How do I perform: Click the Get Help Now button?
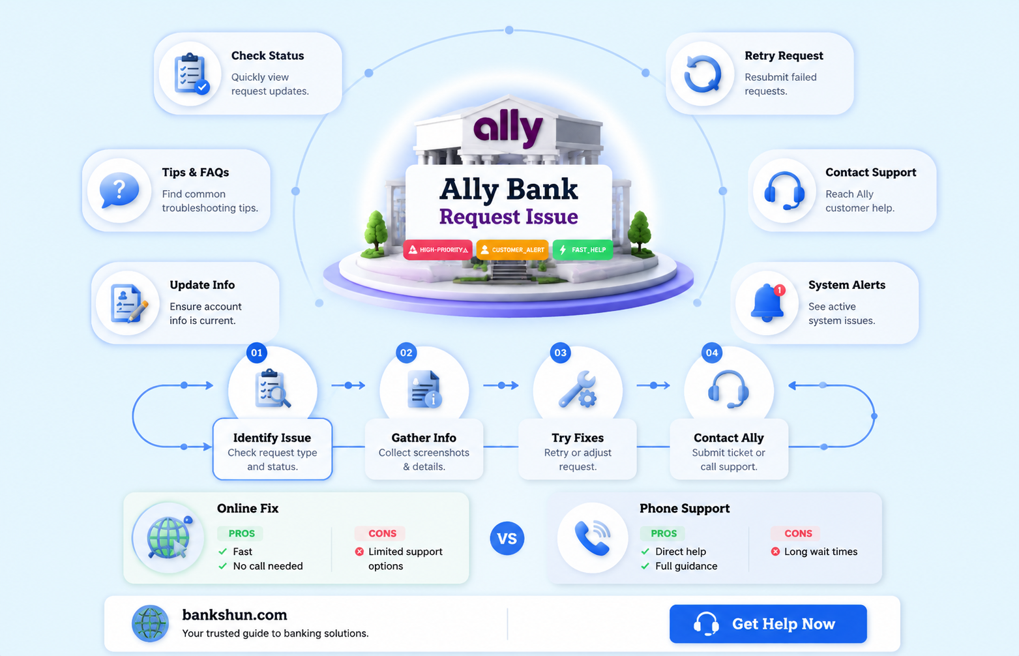tap(768, 623)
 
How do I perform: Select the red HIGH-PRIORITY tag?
tap(437, 250)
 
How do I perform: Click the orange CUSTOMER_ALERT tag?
tap(512, 250)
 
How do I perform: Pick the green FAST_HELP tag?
tap(583, 250)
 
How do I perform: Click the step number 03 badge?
tap(561, 353)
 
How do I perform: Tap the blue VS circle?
tap(507, 538)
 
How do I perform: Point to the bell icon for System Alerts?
tap(767, 303)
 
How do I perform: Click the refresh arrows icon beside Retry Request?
tap(703, 74)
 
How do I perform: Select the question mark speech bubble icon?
tap(119, 190)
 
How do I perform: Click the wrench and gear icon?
tap(577, 389)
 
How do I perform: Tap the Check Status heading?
tap(267, 55)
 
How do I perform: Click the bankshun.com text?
tap(235, 615)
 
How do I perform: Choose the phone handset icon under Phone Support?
tap(592, 538)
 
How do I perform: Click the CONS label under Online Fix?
tap(382, 533)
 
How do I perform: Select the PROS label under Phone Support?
tap(664, 533)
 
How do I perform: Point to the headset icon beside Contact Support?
tap(784, 190)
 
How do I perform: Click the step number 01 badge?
tap(257, 353)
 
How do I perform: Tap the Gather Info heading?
tap(424, 438)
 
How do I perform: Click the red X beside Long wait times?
tap(775, 552)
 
